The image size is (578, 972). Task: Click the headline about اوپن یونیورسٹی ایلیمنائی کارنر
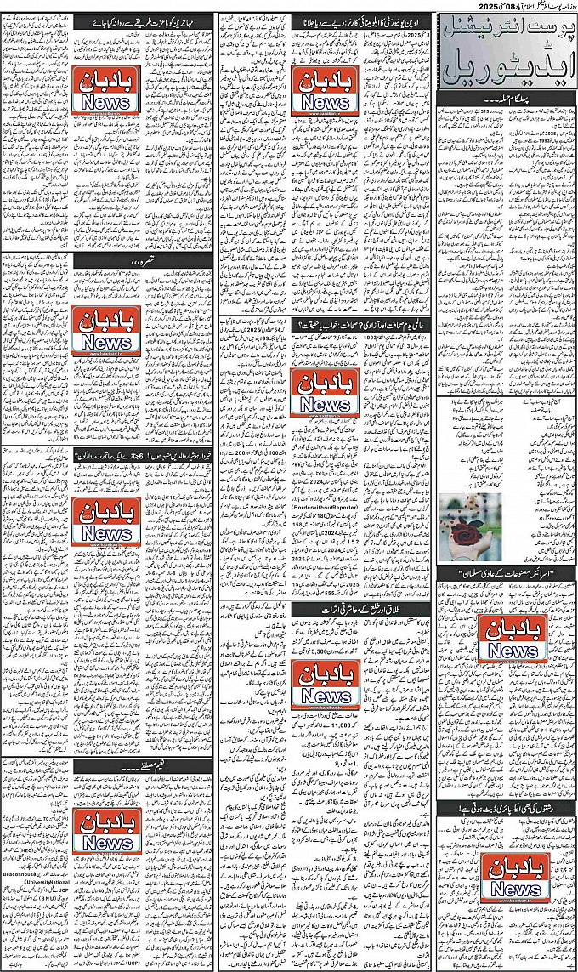pyautogui.click(x=361, y=19)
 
